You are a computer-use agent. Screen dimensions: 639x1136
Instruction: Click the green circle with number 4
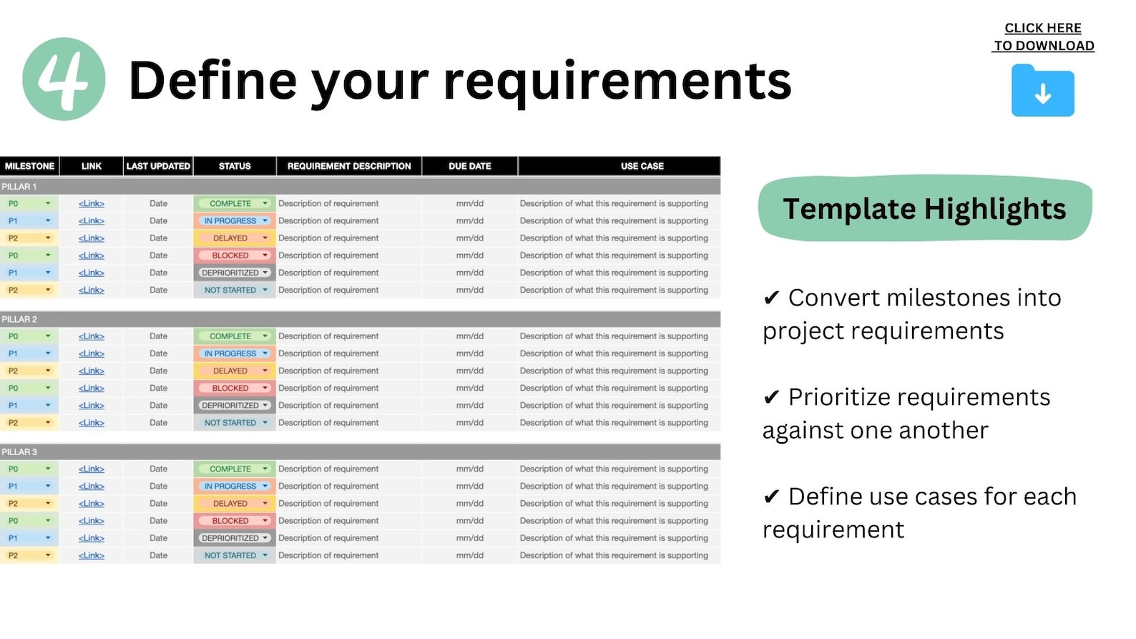64,79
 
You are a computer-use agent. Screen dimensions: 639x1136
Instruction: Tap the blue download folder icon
1042,92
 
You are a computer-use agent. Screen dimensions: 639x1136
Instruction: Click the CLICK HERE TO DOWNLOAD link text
1043,37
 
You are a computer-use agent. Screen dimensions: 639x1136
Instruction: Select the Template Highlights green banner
924,209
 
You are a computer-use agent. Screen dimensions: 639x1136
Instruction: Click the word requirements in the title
617,81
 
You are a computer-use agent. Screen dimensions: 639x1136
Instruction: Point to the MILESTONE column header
29,166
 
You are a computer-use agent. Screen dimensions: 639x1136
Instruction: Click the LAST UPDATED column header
158,166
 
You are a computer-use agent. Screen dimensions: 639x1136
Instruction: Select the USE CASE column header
642,166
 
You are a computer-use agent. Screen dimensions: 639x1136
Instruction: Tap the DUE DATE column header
469,166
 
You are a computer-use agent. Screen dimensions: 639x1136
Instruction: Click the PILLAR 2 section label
19,319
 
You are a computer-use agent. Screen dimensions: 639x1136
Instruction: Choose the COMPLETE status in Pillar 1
234,204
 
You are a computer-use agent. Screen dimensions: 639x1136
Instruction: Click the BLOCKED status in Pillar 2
234,389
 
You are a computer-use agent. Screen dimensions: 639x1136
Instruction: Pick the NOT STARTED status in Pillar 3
234,556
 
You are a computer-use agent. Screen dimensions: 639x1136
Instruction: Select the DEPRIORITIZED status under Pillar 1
234,273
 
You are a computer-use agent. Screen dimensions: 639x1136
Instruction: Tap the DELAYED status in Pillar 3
234,504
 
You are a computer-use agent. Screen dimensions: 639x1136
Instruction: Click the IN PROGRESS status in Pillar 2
234,353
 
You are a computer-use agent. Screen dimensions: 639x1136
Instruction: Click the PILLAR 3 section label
19,452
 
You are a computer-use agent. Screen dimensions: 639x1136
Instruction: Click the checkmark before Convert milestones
771,298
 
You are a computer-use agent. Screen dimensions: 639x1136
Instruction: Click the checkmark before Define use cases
771,497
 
